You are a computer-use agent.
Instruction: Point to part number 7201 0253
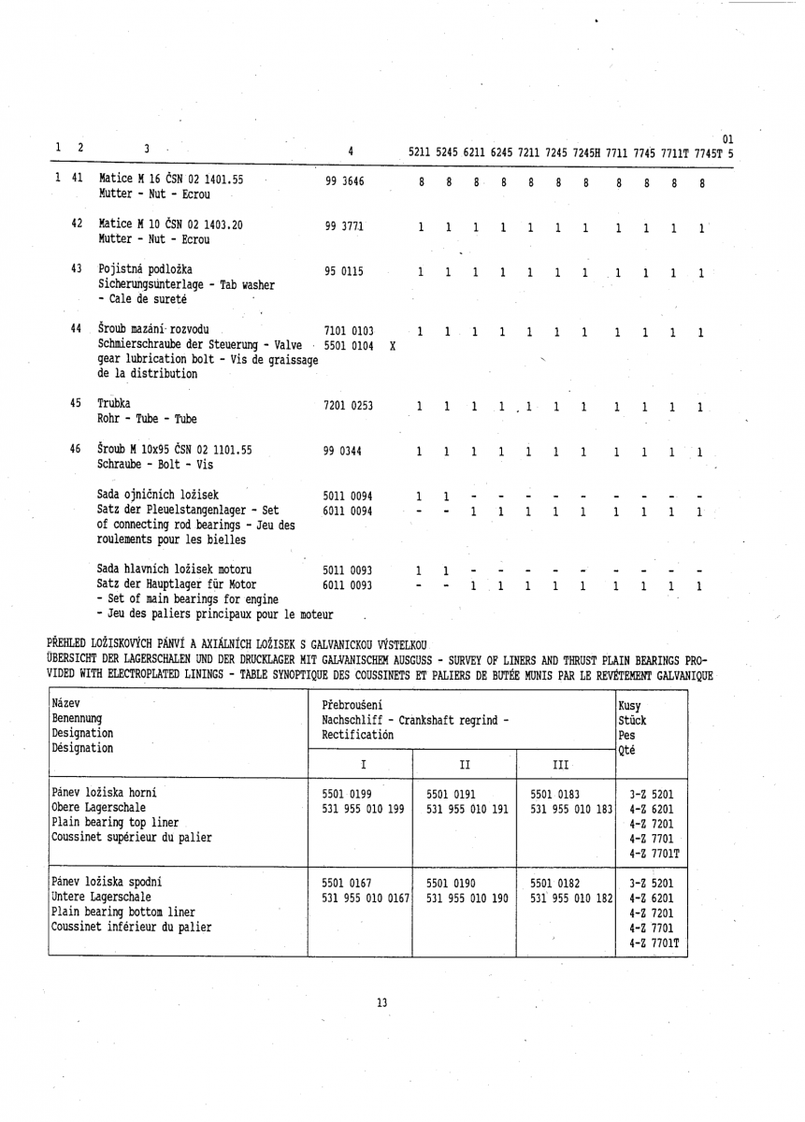pyautogui.click(x=348, y=406)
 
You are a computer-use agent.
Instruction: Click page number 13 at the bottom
pyautogui.click(x=381, y=1003)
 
